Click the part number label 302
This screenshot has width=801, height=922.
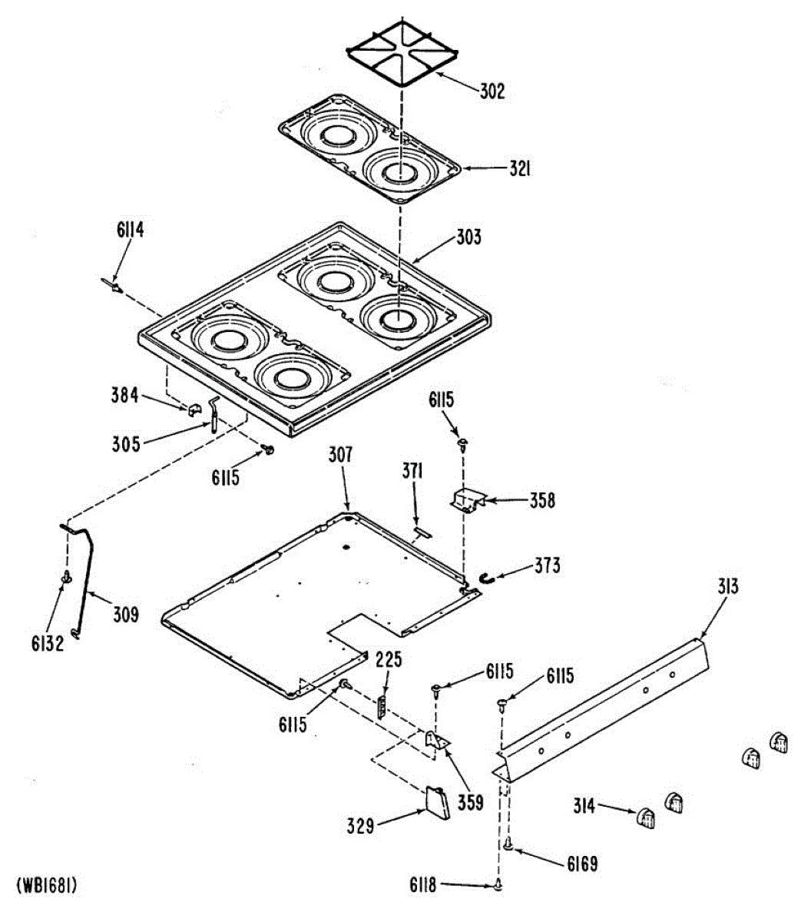tap(492, 91)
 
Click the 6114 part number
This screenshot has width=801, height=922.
tap(130, 229)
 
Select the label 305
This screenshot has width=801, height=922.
tap(125, 443)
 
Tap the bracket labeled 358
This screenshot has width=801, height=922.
tap(468, 502)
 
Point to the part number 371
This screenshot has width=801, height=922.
tap(412, 471)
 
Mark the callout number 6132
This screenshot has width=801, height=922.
tap(48, 642)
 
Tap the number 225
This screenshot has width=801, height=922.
tap(389, 659)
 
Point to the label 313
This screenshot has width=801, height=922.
tap(728, 588)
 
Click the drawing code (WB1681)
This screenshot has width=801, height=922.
tap(47, 885)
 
